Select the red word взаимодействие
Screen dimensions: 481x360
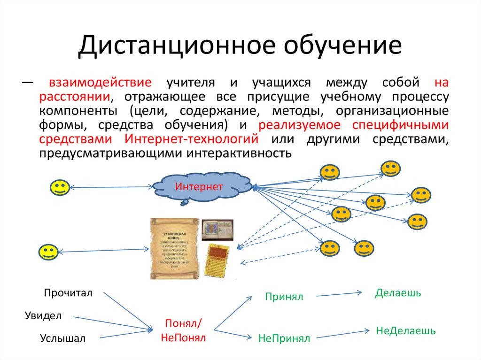click(x=100, y=83)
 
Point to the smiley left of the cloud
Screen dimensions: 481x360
click(x=60, y=188)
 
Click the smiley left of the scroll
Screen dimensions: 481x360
click(x=48, y=252)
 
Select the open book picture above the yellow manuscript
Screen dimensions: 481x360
click(x=217, y=230)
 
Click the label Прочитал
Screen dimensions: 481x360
click(x=69, y=293)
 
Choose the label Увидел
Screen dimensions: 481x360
click(x=43, y=315)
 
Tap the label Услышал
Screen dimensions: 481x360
click(x=63, y=338)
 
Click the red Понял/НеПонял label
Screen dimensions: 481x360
click(x=183, y=330)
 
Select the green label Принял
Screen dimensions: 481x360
click(x=284, y=297)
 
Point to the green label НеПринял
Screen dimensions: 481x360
click(x=284, y=338)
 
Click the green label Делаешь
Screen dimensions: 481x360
click(x=398, y=293)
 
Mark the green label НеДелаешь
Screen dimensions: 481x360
click(x=405, y=330)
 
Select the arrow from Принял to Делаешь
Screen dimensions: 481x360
click(x=339, y=294)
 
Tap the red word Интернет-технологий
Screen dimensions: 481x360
click(x=192, y=139)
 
